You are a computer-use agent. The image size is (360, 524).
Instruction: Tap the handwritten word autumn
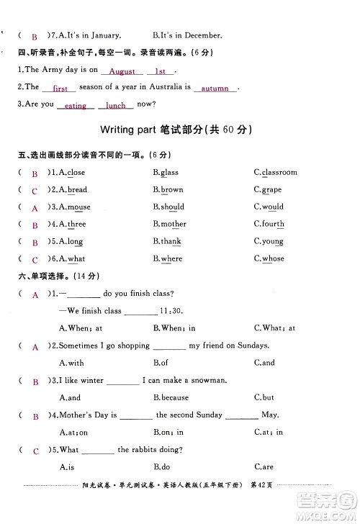[x=214, y=89]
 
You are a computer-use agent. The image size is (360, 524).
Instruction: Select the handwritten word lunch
[x=115, y=106]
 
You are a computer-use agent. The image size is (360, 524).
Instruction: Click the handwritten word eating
[x=75, y=106]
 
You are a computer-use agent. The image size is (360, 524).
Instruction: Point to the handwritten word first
[x=60, y=89]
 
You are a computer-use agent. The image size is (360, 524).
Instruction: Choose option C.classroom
[x=275, y=173]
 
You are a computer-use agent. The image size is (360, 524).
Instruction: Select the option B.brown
[x=168, y=190]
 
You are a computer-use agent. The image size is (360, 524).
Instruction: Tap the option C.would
[x=269, y=207]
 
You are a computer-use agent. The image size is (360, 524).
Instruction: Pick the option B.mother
[x=169, y=225]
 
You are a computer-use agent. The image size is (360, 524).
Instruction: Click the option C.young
[x=269, y=242]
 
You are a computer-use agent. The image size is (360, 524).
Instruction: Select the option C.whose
[x=269, y=259]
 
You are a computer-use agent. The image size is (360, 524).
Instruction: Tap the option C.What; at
[x=274, y=328]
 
